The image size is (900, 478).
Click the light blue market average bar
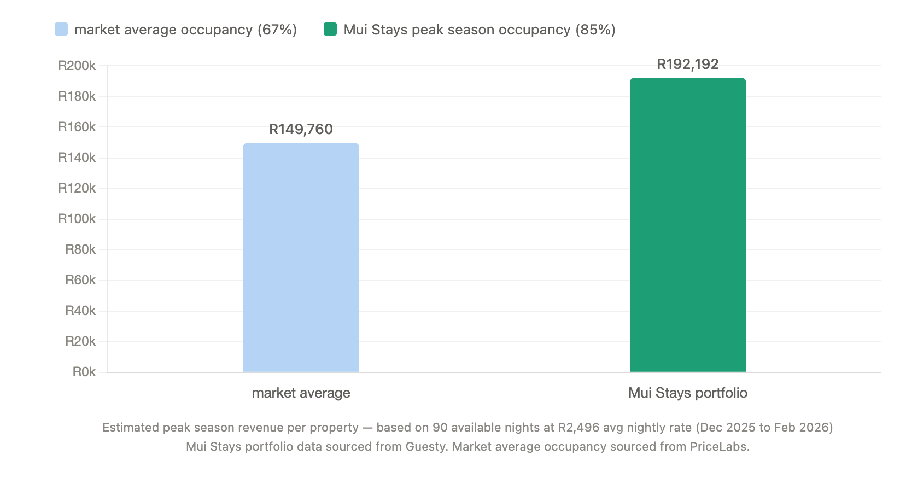301,257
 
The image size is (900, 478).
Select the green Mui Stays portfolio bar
687,225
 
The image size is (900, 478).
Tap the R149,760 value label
301,130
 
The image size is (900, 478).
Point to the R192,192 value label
687,65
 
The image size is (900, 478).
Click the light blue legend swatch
61,30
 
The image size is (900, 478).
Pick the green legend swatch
330,30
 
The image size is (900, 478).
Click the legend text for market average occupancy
185,30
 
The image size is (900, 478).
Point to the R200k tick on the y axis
77,66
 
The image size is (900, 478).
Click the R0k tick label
84,372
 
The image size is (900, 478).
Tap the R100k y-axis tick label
77,219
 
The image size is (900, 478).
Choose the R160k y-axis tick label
77,127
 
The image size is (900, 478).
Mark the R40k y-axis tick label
80,311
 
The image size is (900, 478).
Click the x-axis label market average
301,393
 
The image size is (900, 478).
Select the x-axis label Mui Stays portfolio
687,393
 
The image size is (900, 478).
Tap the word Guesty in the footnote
426,447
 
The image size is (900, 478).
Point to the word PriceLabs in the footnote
718,447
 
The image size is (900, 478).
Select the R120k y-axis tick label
77,189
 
